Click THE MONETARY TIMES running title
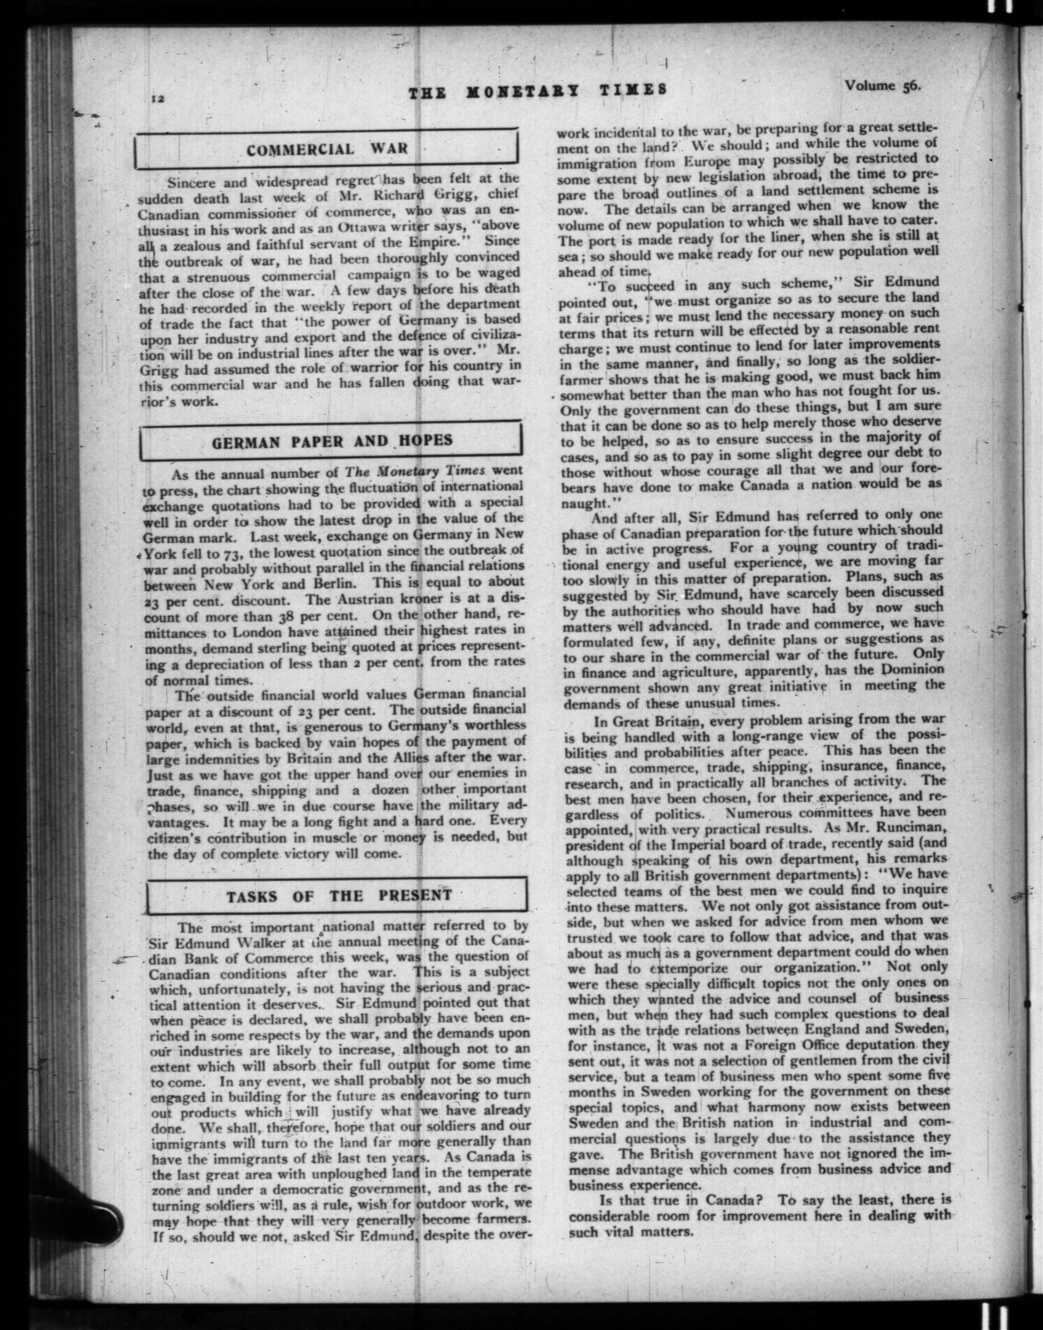click(x=537, y=90)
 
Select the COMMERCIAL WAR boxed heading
click(x=327, y=150)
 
